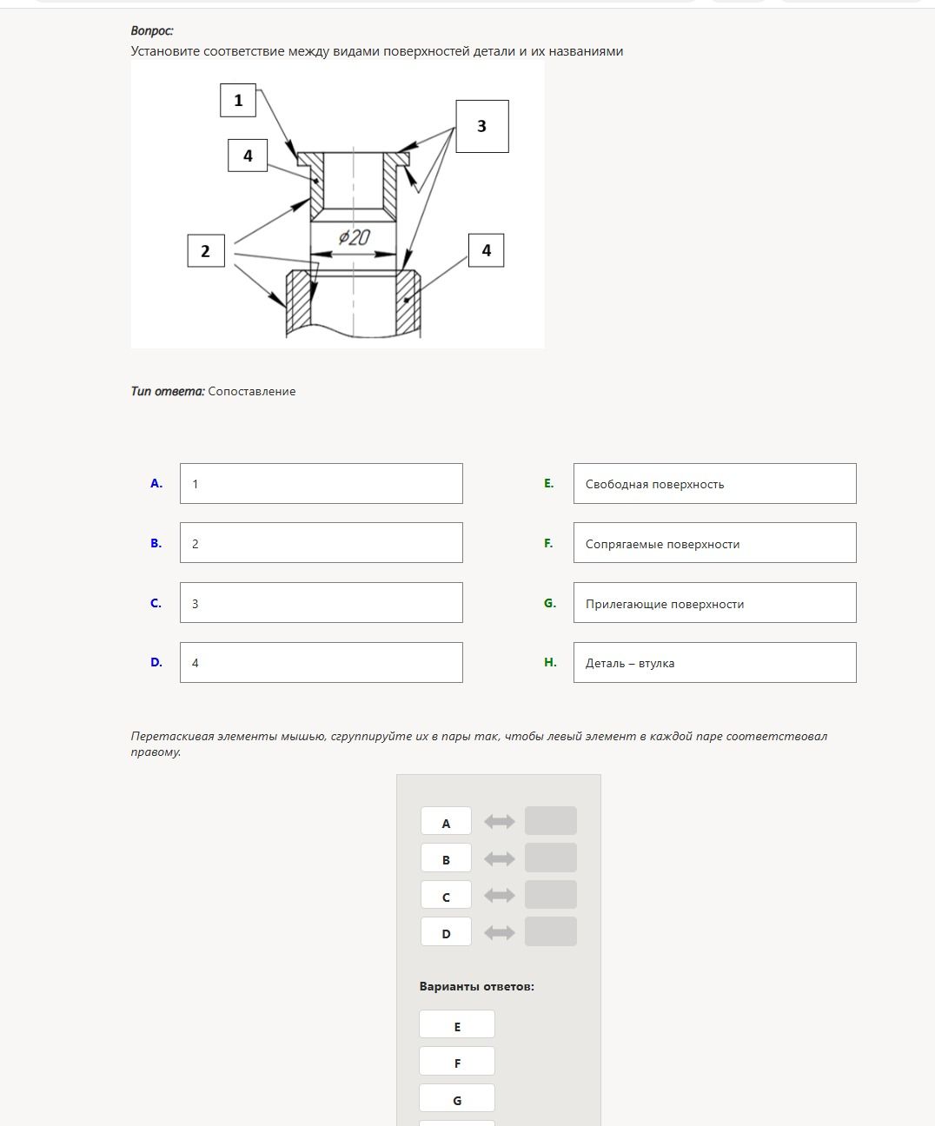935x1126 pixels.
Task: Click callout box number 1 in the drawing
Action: point(238,100)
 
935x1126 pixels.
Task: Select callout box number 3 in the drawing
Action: point(482,126)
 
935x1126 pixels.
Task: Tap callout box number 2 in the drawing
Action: point(206,251)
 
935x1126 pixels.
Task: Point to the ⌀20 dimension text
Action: point(355,237)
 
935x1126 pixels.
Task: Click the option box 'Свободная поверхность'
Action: point(715,484)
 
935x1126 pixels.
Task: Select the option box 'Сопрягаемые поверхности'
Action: point(715,543)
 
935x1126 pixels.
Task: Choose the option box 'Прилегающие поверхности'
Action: point(715,603)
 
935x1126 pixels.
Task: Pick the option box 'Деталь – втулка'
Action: point(715,663)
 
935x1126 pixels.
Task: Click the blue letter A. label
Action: point(156,484)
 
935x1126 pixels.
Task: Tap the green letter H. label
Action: point(550,662)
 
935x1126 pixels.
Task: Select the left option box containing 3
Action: point(322,603)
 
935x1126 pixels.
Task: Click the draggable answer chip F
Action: point(457,1062)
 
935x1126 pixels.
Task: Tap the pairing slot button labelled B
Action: point(446,858)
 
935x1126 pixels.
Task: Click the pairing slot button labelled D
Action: point(446,932)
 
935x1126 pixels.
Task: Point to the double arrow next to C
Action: point(500,895)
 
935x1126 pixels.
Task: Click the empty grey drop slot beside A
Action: point(551,821)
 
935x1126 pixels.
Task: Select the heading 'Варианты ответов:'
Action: point(477,986)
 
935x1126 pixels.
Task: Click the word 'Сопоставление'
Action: point(252,392)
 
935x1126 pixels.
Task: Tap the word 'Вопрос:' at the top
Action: point(152,30)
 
